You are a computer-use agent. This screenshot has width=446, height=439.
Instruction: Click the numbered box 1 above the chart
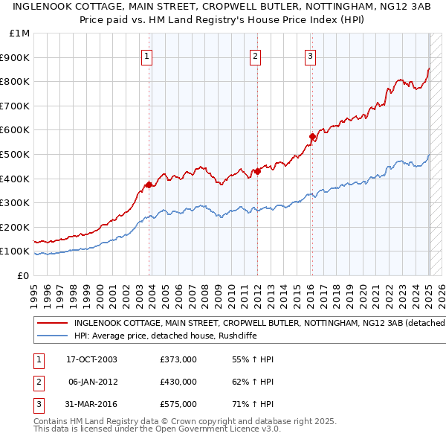146,56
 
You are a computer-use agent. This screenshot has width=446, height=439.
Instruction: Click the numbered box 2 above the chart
255,56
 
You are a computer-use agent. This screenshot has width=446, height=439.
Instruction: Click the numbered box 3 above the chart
310,56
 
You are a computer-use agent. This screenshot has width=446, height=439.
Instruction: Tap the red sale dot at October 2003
149,185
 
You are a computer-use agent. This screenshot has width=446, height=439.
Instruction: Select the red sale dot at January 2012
257,171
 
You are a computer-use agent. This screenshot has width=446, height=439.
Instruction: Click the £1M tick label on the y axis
20,33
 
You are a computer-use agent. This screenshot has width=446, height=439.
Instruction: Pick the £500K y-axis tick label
16,154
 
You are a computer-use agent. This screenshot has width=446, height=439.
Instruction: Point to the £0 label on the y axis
23,275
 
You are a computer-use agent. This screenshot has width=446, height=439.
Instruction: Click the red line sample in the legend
51,323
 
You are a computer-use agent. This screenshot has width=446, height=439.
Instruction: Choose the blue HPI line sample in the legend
51,335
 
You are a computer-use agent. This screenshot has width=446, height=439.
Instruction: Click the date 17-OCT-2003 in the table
91,360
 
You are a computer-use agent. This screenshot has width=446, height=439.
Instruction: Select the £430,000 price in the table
178,382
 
